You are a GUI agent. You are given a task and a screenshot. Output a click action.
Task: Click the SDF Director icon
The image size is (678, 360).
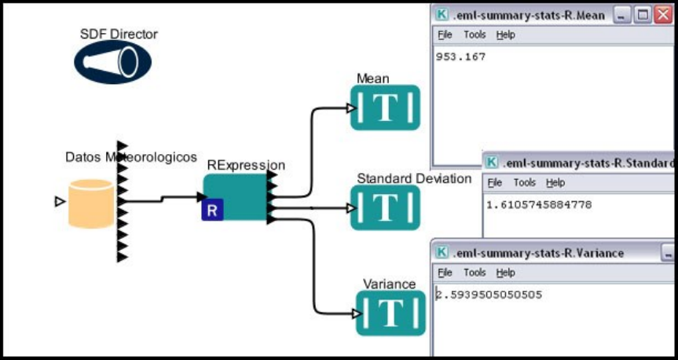(112, 62)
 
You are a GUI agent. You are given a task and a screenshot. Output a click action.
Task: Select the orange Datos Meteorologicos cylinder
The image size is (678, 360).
(90, 204)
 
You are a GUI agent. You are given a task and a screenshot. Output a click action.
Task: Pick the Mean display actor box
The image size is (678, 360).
(385, 108)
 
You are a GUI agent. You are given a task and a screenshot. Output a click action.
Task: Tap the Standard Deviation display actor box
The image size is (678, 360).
(385, 208)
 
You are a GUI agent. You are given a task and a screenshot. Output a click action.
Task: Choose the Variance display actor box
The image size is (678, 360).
(390, 312)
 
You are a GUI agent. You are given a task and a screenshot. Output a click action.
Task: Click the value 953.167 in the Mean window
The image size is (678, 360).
(461, 57)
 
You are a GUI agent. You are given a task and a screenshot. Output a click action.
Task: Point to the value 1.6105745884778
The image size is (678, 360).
(538, 204)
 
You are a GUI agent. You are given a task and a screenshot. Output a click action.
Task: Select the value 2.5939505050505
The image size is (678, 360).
(488, 295)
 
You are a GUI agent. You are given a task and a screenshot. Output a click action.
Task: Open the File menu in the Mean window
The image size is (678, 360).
(445, 35)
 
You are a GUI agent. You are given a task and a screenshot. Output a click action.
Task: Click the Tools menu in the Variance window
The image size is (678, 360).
(475, 273)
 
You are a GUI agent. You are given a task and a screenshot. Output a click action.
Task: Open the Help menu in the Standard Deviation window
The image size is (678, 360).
(555, 182)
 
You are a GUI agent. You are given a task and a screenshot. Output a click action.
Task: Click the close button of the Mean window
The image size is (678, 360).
(664, 15)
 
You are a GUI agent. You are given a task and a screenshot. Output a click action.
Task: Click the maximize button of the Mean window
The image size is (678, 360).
(643, 15)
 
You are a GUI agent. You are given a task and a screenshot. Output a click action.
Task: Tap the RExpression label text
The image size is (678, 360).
(246, 165)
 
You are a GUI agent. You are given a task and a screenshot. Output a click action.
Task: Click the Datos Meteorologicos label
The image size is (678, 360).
(130, 157)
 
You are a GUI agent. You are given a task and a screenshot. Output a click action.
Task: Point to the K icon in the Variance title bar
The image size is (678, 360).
(442, 253)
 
